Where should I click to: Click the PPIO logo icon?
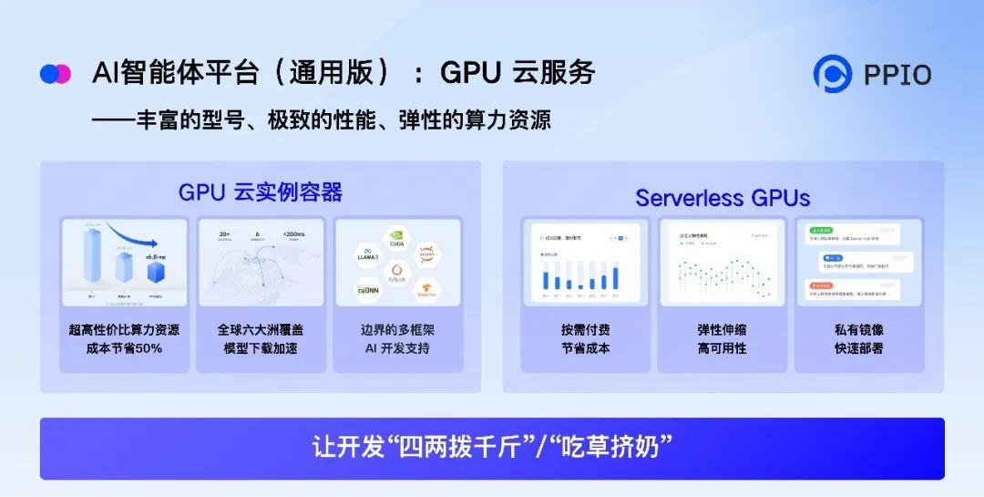[x=832, y=74]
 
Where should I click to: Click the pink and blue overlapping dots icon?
[x=56, y=74]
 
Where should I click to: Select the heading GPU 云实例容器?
[x=260, y=192]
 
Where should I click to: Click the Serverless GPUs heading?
[x=723, y=198]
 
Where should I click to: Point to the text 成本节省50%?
[x=124, y=348]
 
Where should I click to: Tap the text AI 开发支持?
[x=397, y=348]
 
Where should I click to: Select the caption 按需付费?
[x=585, y=329]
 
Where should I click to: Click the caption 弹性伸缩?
[x=722, y=329]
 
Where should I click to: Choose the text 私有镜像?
[x=858, y=329]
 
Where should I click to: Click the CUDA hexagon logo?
[x=397, y=239]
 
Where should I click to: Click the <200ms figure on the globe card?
[x=294, y=234]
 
